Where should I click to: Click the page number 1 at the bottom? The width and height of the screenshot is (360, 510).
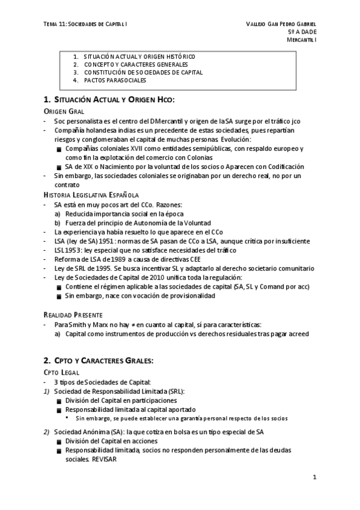click(314, 477)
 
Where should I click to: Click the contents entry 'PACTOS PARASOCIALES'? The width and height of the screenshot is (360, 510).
click(115, 80)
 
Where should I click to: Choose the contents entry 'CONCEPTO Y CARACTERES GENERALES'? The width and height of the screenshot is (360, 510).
click(136, 64)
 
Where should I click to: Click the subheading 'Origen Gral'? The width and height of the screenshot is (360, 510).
click(64, 112)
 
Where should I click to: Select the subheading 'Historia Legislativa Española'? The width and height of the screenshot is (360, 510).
click(91, 195)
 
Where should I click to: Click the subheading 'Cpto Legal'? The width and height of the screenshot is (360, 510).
click(63, 373)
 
